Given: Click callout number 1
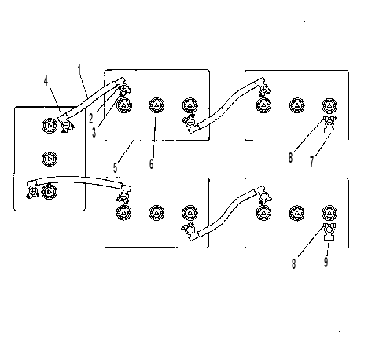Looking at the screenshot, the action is click(x=79, y=70).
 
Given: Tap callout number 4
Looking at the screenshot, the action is click(x=46, y=81).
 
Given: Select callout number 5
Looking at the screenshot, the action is click(x=115, y=167).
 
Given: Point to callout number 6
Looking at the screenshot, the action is click(x=151, y=163).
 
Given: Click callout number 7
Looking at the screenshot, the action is click(x=311, y=161).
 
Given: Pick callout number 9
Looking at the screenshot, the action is click(x=326, y=262).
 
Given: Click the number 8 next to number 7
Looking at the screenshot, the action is click(x=290, y=158).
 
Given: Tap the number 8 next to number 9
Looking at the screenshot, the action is click(x=294, y=263).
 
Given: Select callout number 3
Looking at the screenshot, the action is click(x=94, y=133).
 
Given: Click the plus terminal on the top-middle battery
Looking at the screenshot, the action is click(x=123, y=88).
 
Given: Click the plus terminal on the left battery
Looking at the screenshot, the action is click(x=33, y=192).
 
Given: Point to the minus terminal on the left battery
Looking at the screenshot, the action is click(x=66, y=126).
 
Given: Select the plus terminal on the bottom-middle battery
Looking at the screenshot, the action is click(x=190, y=230).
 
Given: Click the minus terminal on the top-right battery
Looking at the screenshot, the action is click(x=329, y=121).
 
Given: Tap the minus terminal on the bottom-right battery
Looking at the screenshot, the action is click(x=264, y=197).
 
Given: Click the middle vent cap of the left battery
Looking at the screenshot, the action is click(x=50, y=159).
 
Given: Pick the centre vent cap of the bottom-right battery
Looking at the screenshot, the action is click(x=296, y=213).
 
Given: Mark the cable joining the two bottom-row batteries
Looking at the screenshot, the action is click(x=226, y=213).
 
